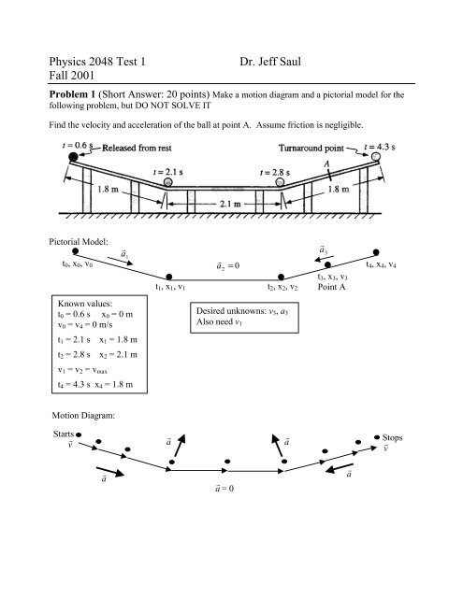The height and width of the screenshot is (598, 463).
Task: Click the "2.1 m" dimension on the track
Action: [230, 226]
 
